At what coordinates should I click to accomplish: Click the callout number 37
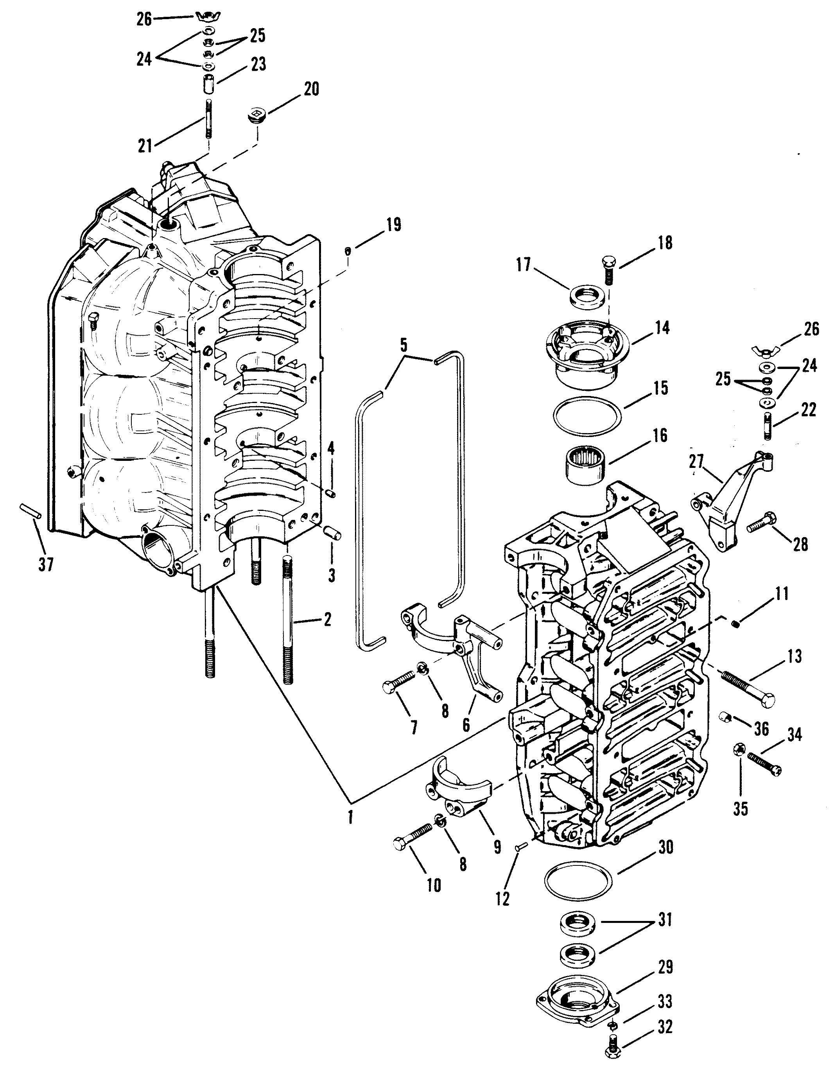tap(46, 566)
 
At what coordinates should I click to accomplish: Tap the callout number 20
tap(310, 90)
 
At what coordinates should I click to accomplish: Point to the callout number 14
tap(662, 328)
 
